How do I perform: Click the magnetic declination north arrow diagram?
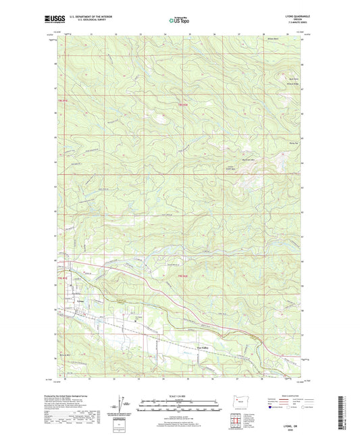pyautogui.click(x=120, y=404)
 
